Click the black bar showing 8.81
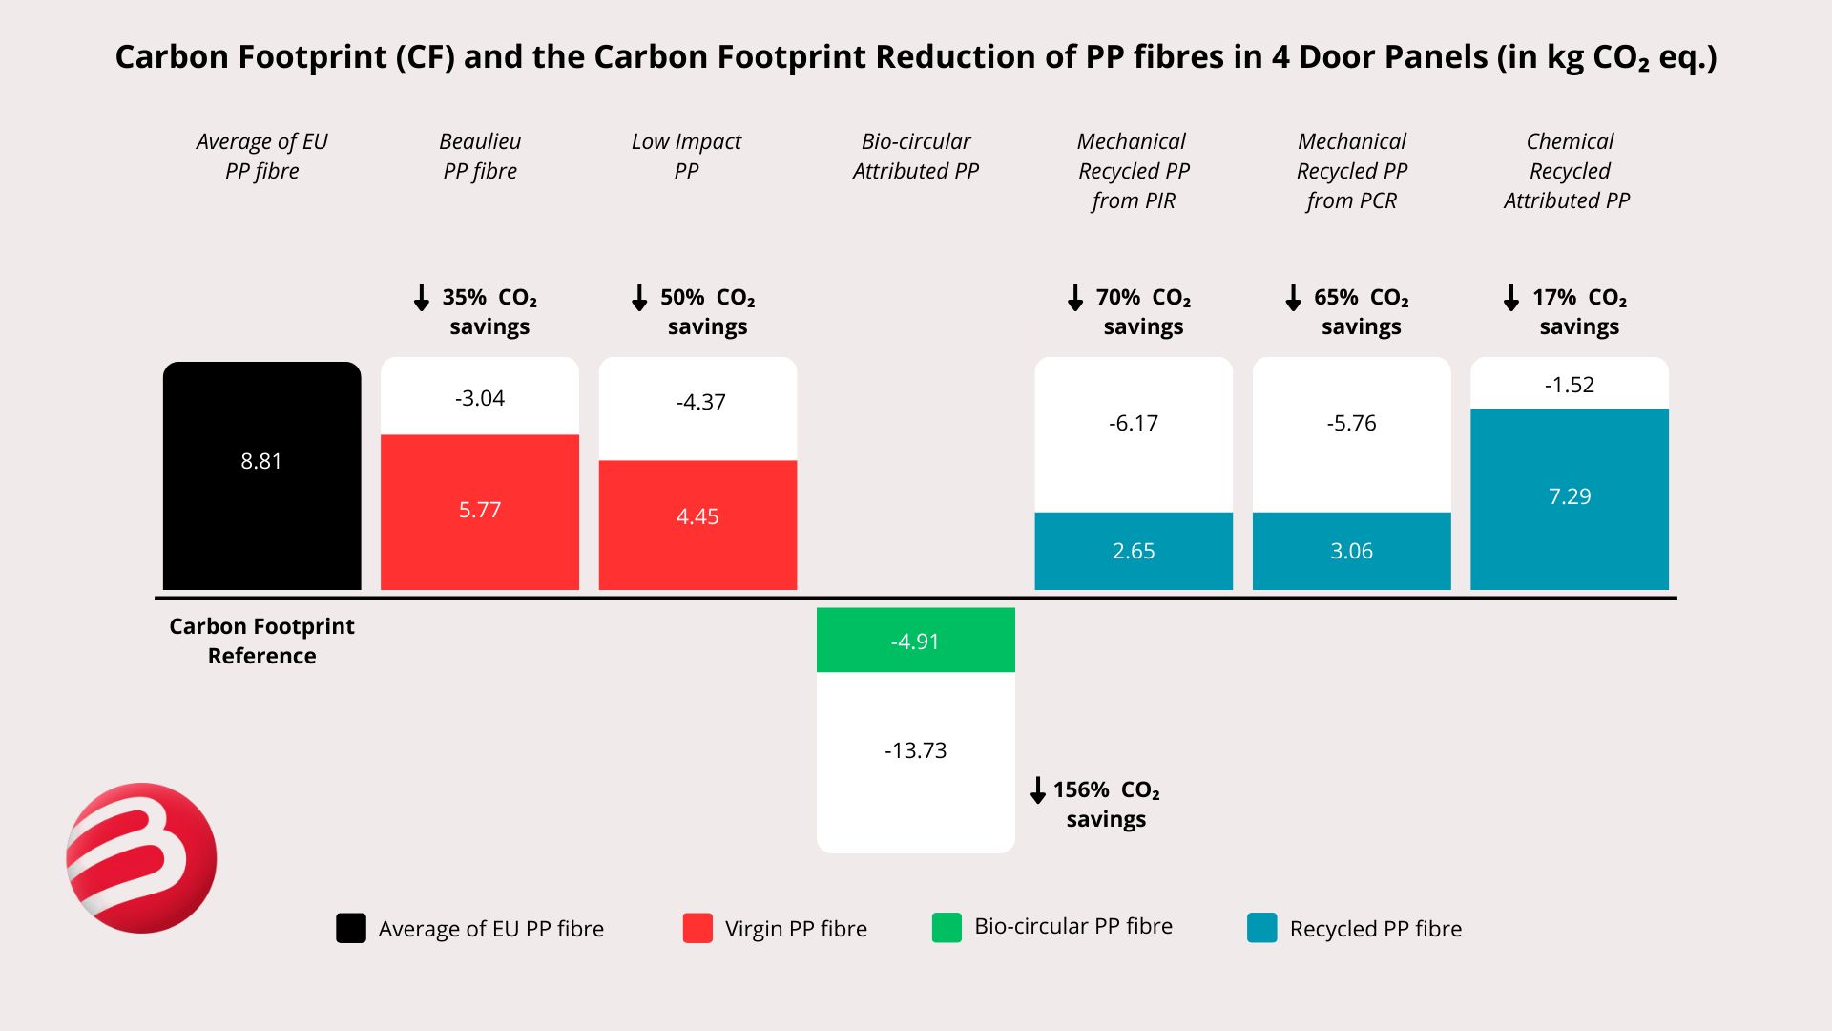click(261, 475)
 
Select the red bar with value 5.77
click(479, 512)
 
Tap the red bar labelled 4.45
click(697, 524)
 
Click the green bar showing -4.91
click(915, 640)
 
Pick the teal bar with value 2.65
click(1134, 551)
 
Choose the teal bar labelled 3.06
click(1351, 551)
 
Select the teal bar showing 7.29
click(1569, 498)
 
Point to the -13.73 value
click(915, 750)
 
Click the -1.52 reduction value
click(1569, 385)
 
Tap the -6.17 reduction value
click(1134, 423)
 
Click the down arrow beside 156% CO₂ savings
click(1038, 790)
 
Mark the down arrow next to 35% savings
click(421, 298)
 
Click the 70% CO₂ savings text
click(1143, 311)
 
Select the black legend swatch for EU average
click(351, 928)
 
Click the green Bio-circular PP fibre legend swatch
click(947, 927)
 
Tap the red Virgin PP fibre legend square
click(697, 928)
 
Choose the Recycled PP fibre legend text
click(1375, 929)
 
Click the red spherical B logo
click(141, 857)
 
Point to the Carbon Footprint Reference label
click(261, 641)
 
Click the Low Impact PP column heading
click(686, 156)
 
